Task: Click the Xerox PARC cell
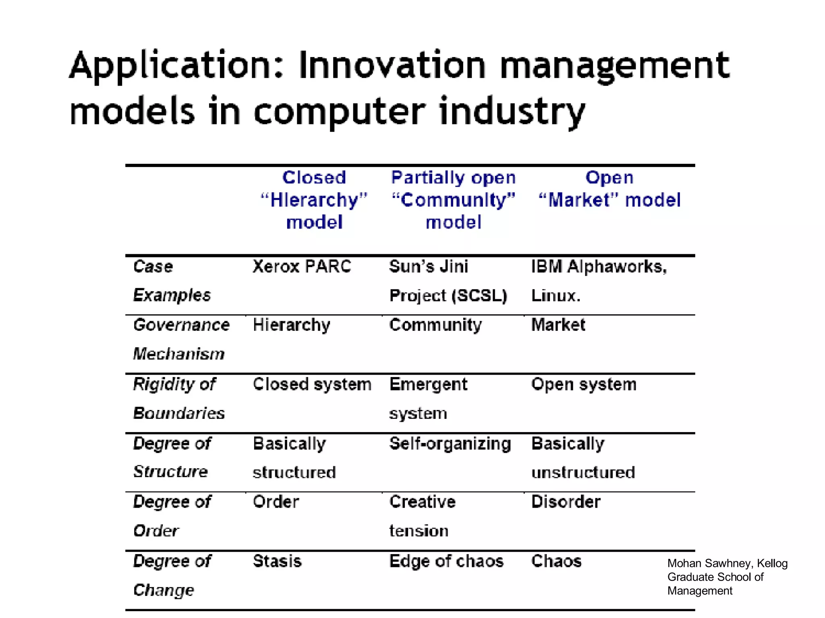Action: [302, 266]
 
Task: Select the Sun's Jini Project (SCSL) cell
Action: [448, 281]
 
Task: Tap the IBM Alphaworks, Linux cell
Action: [599, 281]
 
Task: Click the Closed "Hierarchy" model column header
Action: [314, 200]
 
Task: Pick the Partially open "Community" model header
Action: [453, 200]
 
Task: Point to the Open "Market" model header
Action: [609, 189]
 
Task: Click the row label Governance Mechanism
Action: [181, 339]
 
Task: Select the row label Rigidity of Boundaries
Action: [178, 398]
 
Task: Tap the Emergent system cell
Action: [428, 398]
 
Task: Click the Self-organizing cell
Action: [450, 443]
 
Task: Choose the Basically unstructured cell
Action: [583, 458]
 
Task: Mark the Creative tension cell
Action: [422, 516]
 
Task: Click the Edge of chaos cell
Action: [446, 561]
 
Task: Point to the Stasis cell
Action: [277, 561]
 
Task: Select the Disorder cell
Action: [566, 502]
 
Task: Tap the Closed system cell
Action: [312, 384]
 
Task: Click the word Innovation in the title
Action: [392, 66]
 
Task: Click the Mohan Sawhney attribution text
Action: [727, 577]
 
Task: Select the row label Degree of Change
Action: [172, 575]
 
